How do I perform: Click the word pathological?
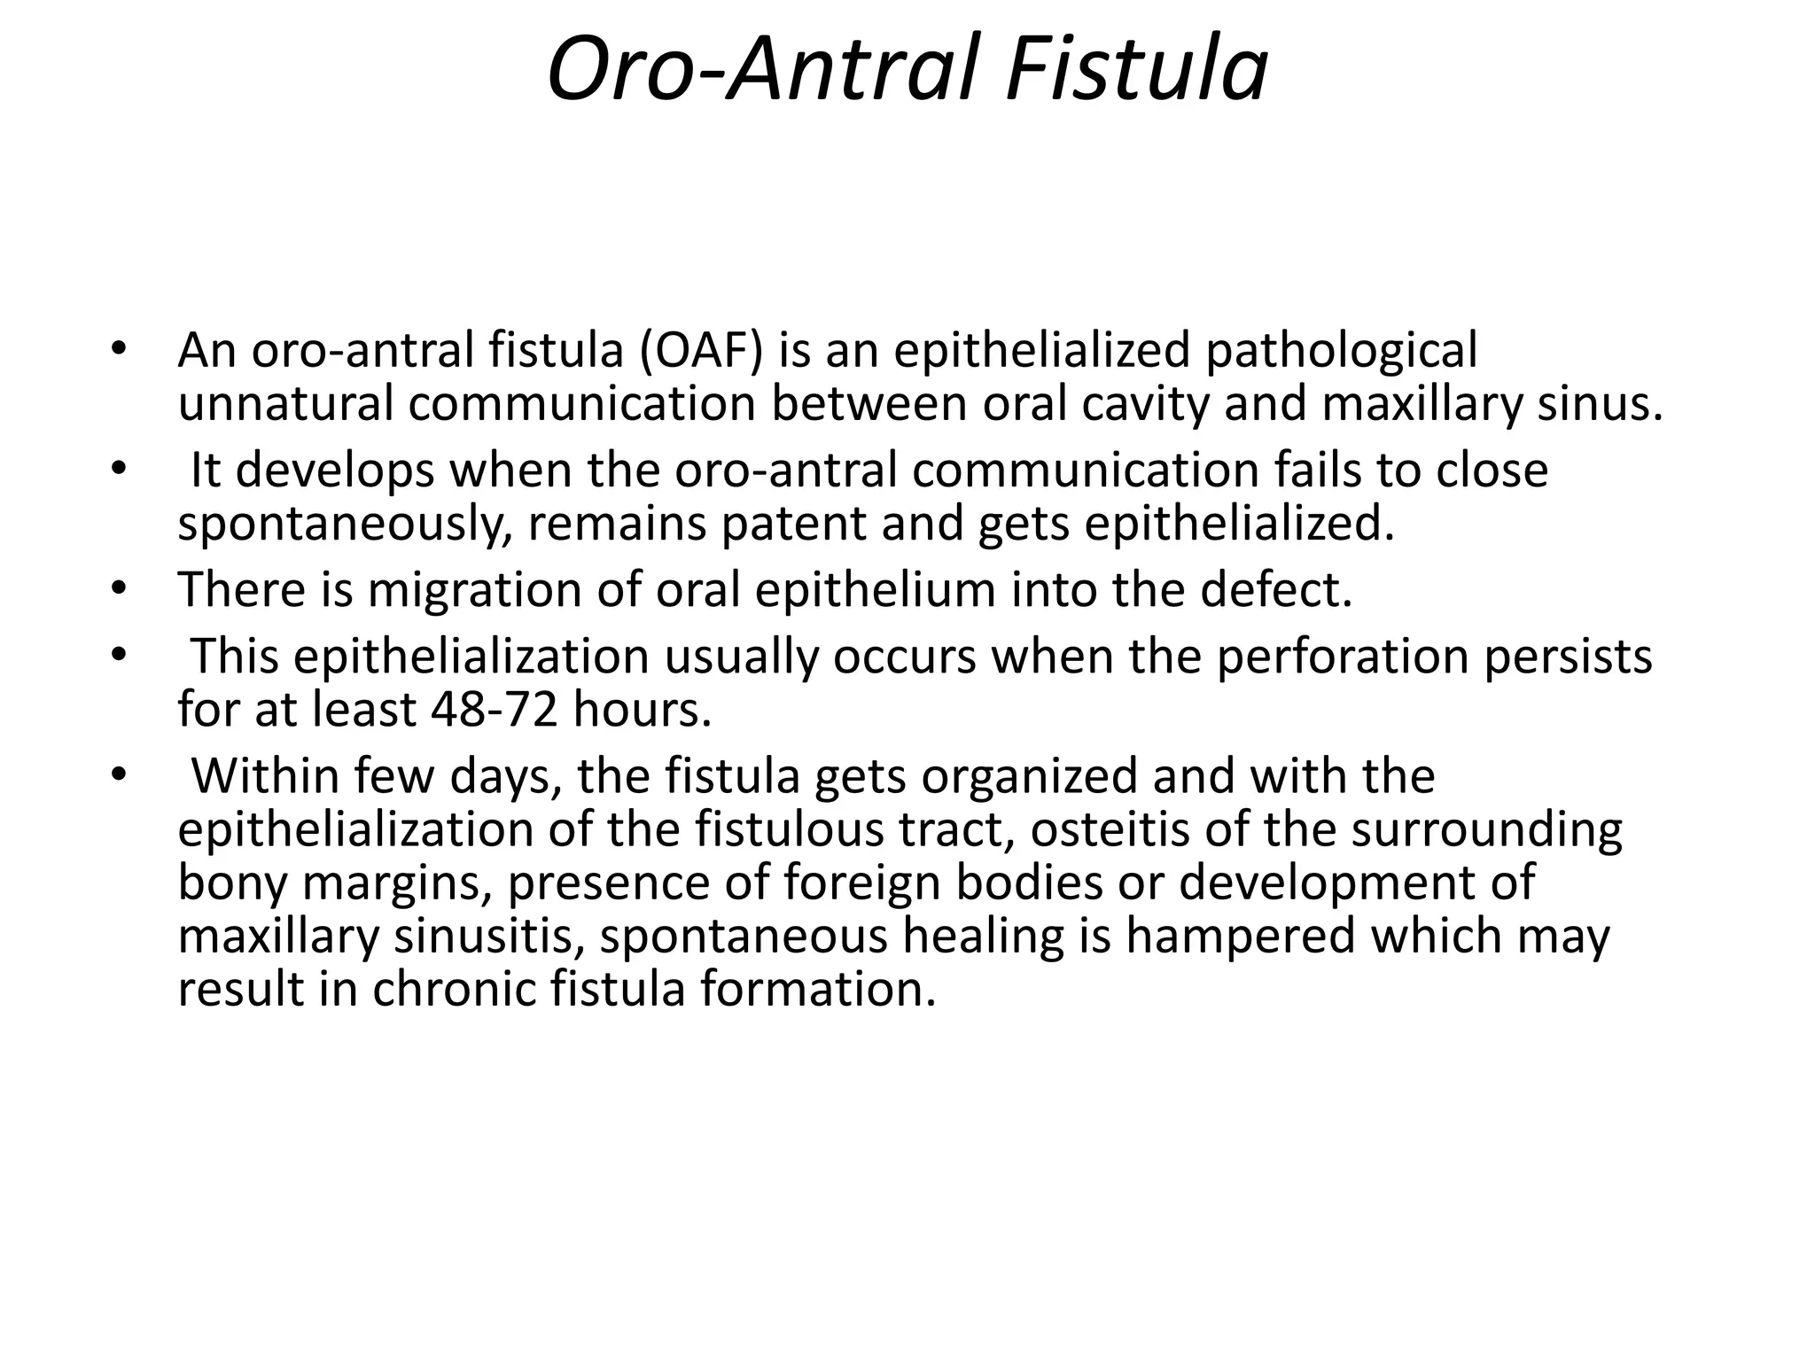1341,350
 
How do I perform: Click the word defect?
1276,589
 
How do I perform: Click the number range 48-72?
494,709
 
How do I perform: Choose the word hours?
643,709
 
